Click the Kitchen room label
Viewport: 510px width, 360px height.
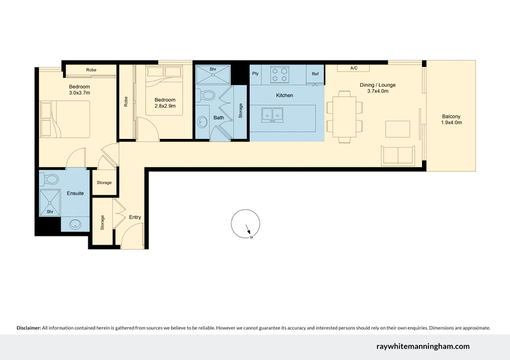click(284, 95)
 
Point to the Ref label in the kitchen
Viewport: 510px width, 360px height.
click(315, 74)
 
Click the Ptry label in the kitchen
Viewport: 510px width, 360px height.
click(256, 74)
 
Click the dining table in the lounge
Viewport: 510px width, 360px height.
click(346, 116)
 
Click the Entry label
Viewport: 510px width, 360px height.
click(135, 217)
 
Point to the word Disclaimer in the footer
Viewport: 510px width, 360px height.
click(28, 328)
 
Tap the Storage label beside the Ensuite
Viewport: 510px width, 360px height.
click(104, 183)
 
